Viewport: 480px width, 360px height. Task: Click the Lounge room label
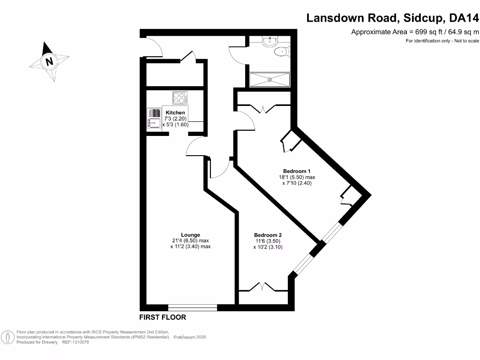[x=190, y=235]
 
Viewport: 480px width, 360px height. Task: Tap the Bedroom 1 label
[x=296, y=171]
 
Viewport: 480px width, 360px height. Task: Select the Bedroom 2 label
[x=268, y=235]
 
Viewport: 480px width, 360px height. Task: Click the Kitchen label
[x=174, y=113]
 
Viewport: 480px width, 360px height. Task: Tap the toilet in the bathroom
[x=282, y=52]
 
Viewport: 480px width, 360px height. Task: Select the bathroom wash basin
[x=269, y=42]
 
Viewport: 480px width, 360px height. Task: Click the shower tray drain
[x=270, y=79]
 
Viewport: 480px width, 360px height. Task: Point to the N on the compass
[x=49, y=61]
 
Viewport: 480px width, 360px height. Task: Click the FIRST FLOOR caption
[x=163, y=317]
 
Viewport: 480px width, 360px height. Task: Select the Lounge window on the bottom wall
[x=193, y=307]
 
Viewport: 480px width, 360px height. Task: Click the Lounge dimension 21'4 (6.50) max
[x=190, y=241]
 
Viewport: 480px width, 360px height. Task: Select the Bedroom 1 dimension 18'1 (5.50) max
[x=296, y=178]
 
